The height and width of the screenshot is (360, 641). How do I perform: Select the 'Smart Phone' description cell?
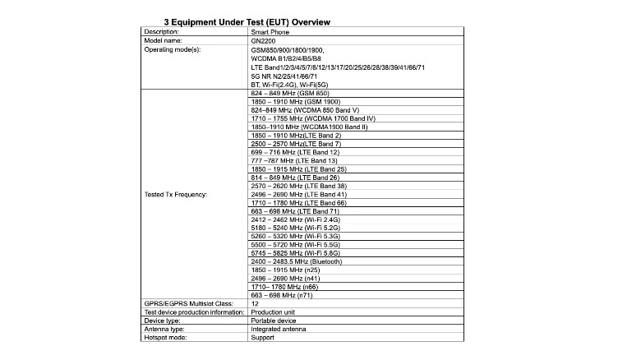pos(271,31)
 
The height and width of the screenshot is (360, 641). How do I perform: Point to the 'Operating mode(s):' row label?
pos(173,49)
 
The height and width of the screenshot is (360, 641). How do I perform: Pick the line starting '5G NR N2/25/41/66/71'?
pos(287,76)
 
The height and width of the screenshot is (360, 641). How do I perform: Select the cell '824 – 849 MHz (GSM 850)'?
pos(289,93)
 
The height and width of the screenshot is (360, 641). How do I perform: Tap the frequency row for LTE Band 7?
pos(294,144)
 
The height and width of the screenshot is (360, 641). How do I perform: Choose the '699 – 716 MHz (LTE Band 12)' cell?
pos(295,152)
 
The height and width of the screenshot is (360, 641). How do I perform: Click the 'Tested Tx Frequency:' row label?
pos(175,195)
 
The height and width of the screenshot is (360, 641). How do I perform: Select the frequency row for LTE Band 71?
pos(295,211)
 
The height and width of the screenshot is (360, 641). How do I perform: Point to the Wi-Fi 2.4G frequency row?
pos(296,219)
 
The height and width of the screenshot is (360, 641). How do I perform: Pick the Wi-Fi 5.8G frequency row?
pos(296,253)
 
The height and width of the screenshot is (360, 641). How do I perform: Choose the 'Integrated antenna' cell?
pos(278,329)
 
